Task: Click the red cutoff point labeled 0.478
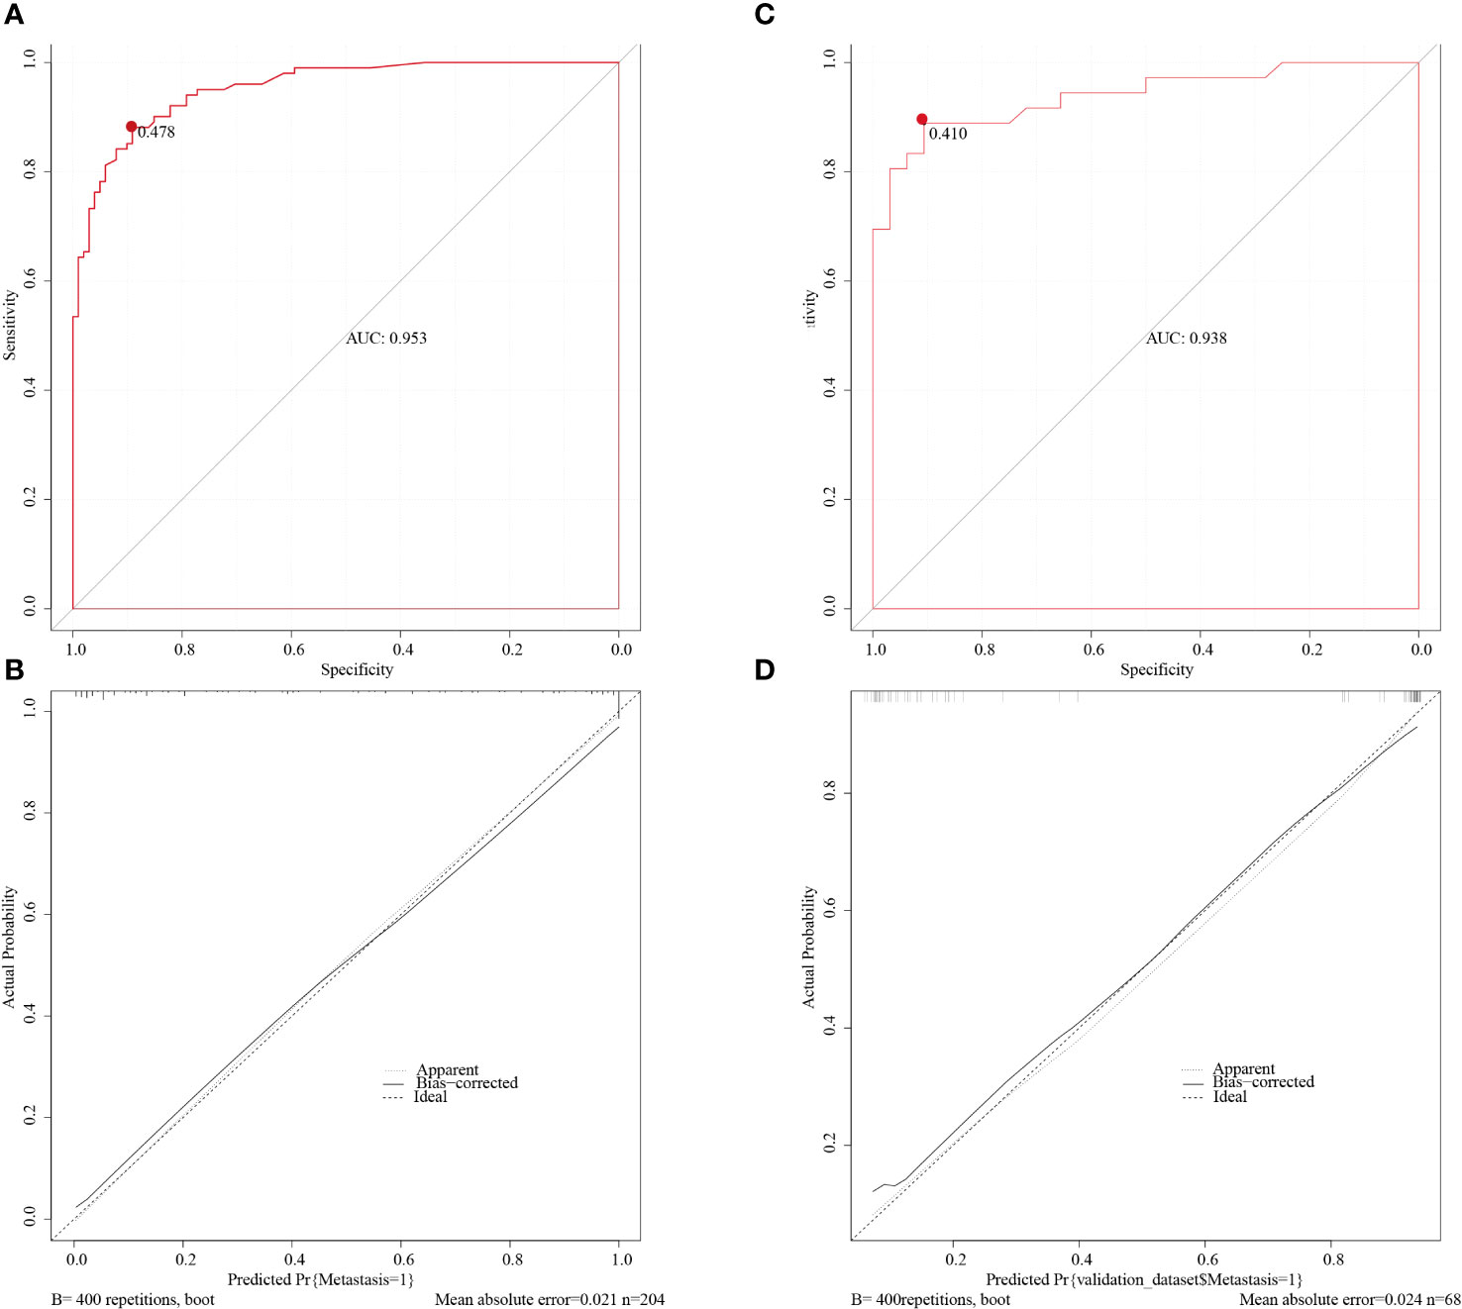(x=131, y=127)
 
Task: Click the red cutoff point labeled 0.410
(x=921, y=119)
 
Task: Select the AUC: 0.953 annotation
(x=386, y=339)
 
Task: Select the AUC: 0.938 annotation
(x=1186, y=339)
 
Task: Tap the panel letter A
(x=14, y=15)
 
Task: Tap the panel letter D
(x=764, y=670)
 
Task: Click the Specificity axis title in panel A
(x=357, y=670)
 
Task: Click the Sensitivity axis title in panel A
(x=10, y=325)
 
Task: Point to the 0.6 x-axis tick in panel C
(x=1093, y=650)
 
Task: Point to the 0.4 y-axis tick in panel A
(x=30, y=388)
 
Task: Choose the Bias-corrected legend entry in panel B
(x=467, y=1083)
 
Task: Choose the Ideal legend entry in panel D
(x=1229, y=1097)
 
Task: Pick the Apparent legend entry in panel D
(x=1243, y=1069)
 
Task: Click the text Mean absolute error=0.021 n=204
(x=549, y=1299)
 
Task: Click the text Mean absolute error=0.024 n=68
(x=1349, y=1299)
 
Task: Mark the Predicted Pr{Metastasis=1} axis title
(x=320, y=1280)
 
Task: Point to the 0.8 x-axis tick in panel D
(x=1334, y=1259)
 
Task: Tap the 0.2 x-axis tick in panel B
(x=185, y=1259)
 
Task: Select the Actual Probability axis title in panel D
(x=809, y=948)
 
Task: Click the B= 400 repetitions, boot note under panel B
(x=133, y=1299)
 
